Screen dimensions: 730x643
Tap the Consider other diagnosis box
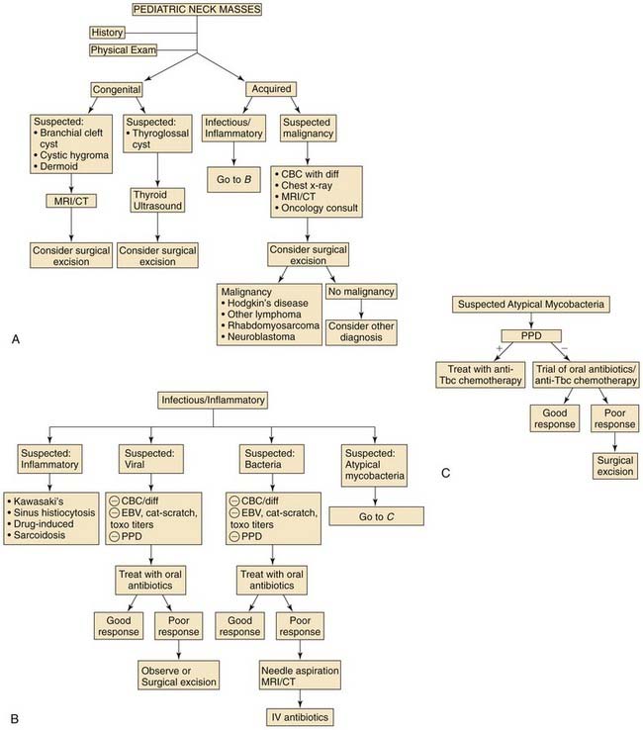[x=361, y=332]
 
